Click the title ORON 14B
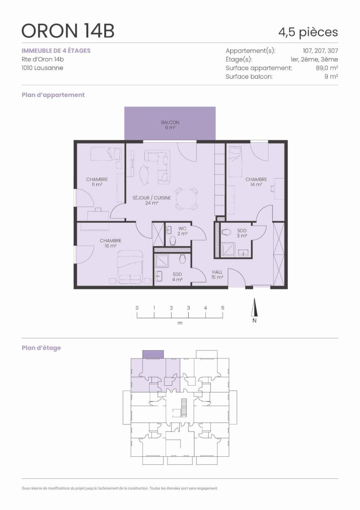click(68, 32)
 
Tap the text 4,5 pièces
click(308, 32)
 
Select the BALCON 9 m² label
click(170, 125)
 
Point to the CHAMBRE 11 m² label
click(97, 182)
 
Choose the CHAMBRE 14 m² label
click(256, 182)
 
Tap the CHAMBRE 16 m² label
click(110, 243)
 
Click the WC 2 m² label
click(182, 231)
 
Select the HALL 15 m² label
click(217, 274)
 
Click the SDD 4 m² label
click(177, 277)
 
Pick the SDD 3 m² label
click(242, 233)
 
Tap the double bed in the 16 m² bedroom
click(130, 267)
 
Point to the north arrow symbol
click(254, 307)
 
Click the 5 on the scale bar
click(223, 308)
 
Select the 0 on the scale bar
click(137, 308)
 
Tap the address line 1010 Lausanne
click(42, 68)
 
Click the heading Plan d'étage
click(41, 348)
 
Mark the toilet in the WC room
click(173, 241)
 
